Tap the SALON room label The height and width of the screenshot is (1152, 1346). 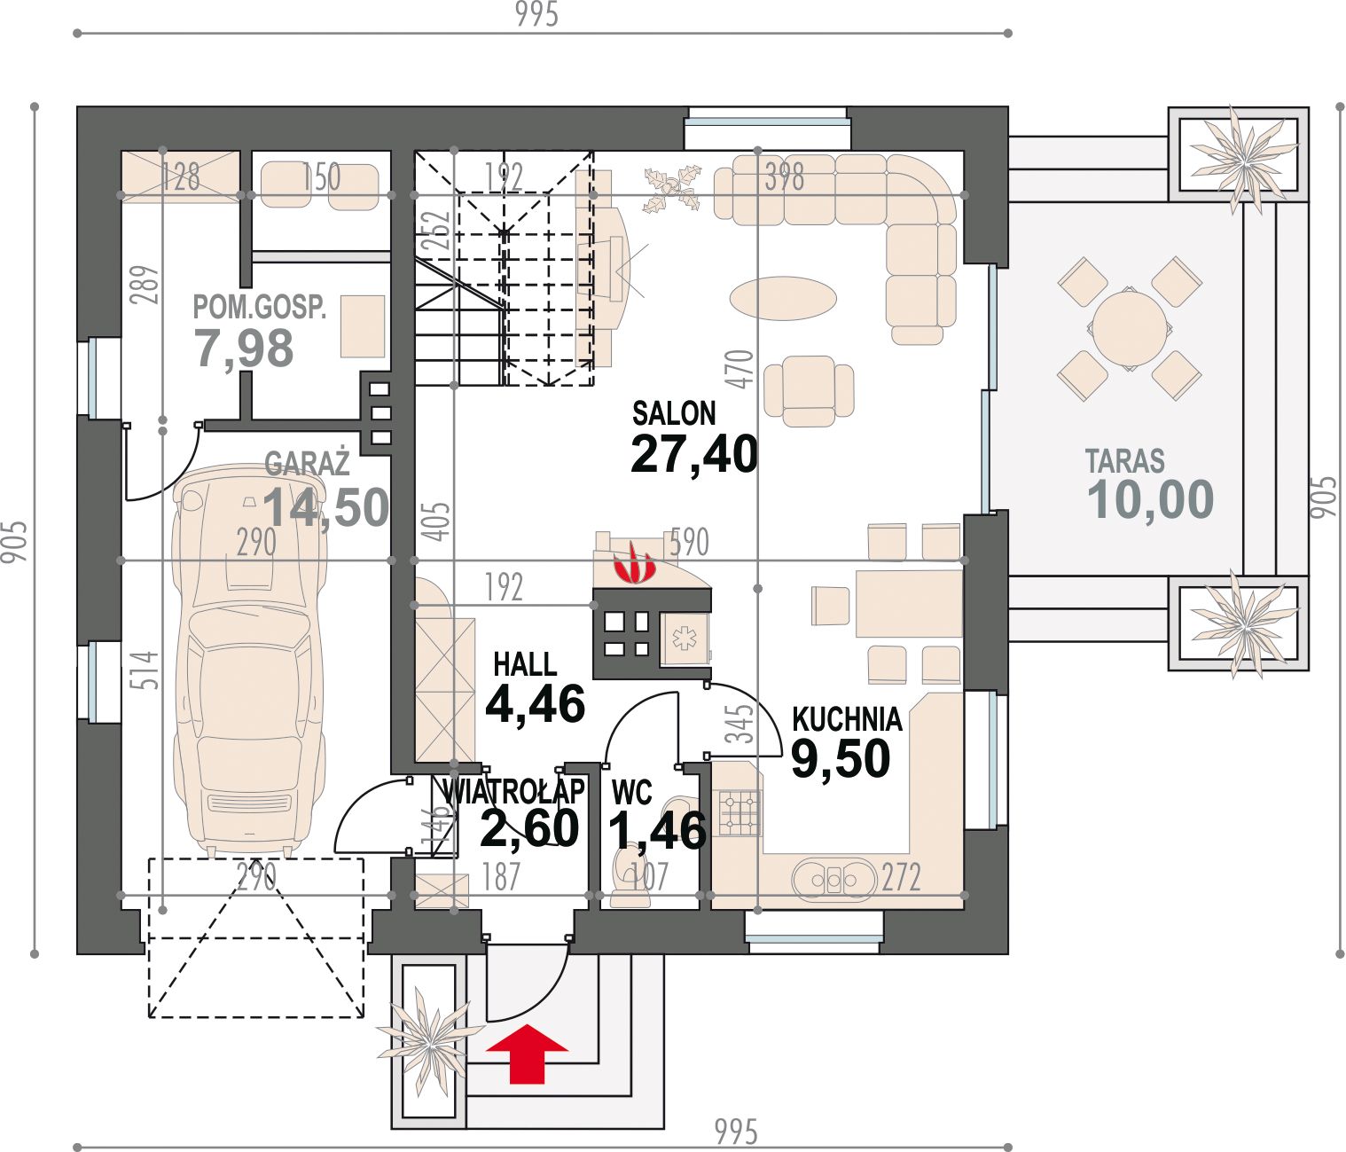(674, 413)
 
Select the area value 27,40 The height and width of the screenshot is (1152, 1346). (694, 454)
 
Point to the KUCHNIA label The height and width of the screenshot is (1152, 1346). (847, 719)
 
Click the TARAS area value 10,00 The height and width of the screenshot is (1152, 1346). (1151, 499)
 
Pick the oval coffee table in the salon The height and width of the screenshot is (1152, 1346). (783, 299)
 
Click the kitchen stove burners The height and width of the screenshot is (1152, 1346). (740, 812)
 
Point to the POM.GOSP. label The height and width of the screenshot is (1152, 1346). (259, 307)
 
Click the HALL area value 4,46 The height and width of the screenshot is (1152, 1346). (536, 704)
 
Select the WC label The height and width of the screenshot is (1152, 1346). (631, 793)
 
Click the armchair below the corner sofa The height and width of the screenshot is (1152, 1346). (809, 391)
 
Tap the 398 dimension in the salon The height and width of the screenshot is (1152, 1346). (784, 176)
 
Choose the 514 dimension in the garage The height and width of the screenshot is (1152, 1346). (144, 670)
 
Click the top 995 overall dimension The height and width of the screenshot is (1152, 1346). (537, 14)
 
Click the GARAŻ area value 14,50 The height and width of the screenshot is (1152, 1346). (326, 508)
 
